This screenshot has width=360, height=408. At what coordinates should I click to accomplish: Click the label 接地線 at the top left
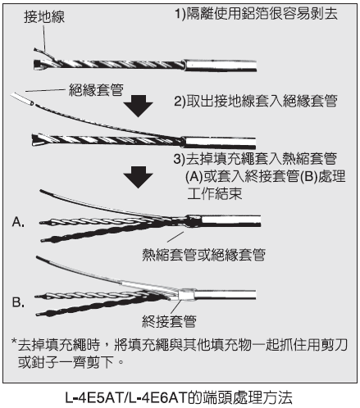click(x=44, y=16)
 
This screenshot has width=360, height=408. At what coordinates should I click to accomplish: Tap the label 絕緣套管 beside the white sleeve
click(x=96, y=90)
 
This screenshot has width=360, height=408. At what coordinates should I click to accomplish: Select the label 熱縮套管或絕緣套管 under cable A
click(x=203, y=255)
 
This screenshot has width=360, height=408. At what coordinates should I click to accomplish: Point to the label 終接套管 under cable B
click(x=169, y=321)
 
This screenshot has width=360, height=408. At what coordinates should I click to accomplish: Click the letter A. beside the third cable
click(x=18, y=222)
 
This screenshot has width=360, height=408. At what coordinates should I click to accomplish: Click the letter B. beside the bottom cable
click(x=18, y=302)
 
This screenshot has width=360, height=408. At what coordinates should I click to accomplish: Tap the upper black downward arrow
click(x=138, y=106)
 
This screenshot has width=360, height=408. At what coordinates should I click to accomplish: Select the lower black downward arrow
click(x=138, y=177)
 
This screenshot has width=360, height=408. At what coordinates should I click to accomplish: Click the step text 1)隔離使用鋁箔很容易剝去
click(x=257, y=13)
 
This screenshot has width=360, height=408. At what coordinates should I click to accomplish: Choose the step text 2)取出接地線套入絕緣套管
click(x=256, y=101)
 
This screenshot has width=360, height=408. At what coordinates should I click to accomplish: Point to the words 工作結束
click(x=215, y=193)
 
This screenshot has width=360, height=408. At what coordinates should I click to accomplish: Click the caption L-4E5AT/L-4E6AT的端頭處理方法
click(x=179, y=397)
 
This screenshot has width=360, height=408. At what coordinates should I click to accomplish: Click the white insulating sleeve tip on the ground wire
click(x=22, y=98)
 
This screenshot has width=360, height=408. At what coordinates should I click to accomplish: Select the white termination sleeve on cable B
click(x=186, y=295)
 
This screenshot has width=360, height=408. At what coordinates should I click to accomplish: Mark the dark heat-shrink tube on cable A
click(x=193, y=221)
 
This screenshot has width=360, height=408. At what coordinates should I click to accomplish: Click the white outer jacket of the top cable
click(x=221, y=66)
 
